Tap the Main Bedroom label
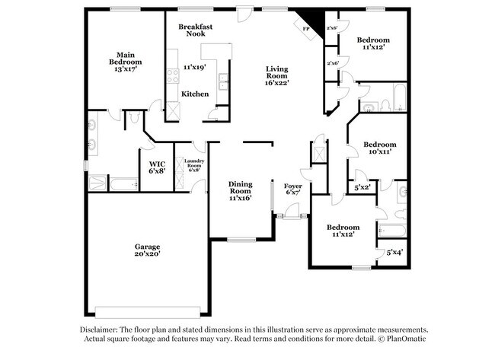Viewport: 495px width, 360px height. [125, 57]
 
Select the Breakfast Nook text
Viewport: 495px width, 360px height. [195, 30]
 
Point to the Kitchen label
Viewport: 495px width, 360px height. [195, 94]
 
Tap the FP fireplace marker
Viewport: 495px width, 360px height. [306, 29]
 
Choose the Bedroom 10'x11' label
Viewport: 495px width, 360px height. [379, 148]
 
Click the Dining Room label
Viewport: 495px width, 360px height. [241, 190]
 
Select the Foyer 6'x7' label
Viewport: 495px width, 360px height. [293, 190]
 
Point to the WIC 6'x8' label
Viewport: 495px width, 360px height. [157, 167]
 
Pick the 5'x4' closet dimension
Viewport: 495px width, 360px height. [394, 253]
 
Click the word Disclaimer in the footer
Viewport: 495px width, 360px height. [102, 329]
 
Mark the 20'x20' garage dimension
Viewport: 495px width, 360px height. [148, 253]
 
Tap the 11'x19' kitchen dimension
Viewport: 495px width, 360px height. [196, 67]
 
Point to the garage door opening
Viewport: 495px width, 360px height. [148, 309]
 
